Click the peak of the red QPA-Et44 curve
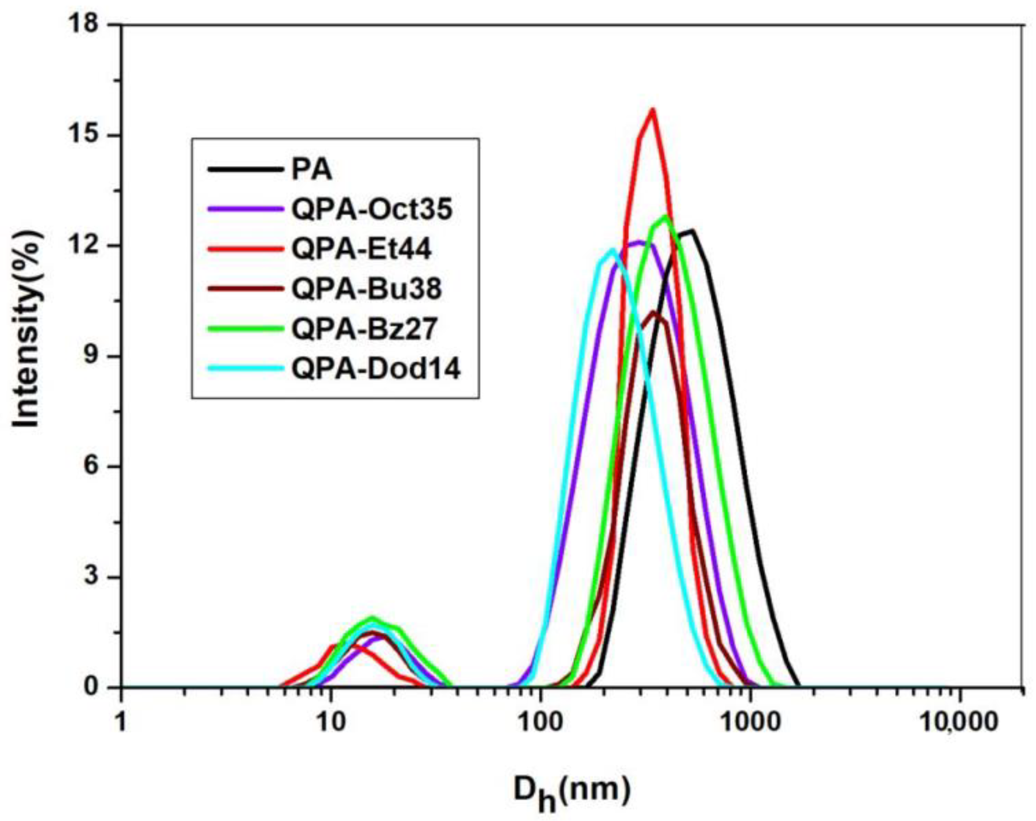tap(653, 110)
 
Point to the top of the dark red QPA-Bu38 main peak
tap(655, 312)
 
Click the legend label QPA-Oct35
tap(372, 209)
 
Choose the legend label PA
tap(312, 170)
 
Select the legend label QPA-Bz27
tap(364, 329)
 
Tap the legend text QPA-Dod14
tap(376, 369)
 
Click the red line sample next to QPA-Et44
tap(245, 248)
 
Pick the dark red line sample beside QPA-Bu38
tap(245, 288)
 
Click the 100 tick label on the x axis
tap(540, 722)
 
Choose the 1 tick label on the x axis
tap(120, 722)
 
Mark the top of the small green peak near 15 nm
tap(373, 618)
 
